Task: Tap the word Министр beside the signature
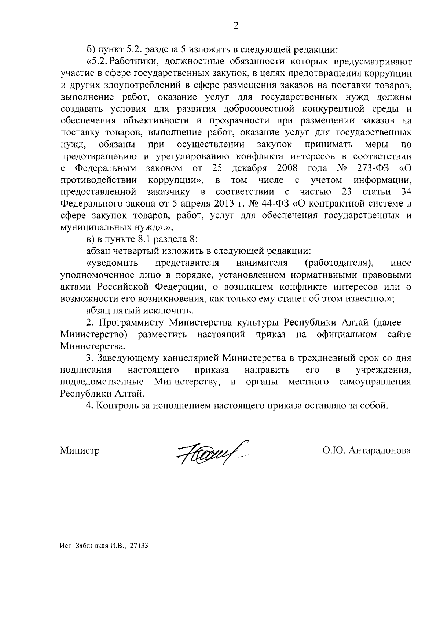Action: pyautogui.click(x=80, y=450)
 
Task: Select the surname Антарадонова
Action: pyautogui.click(x=379, y=450)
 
